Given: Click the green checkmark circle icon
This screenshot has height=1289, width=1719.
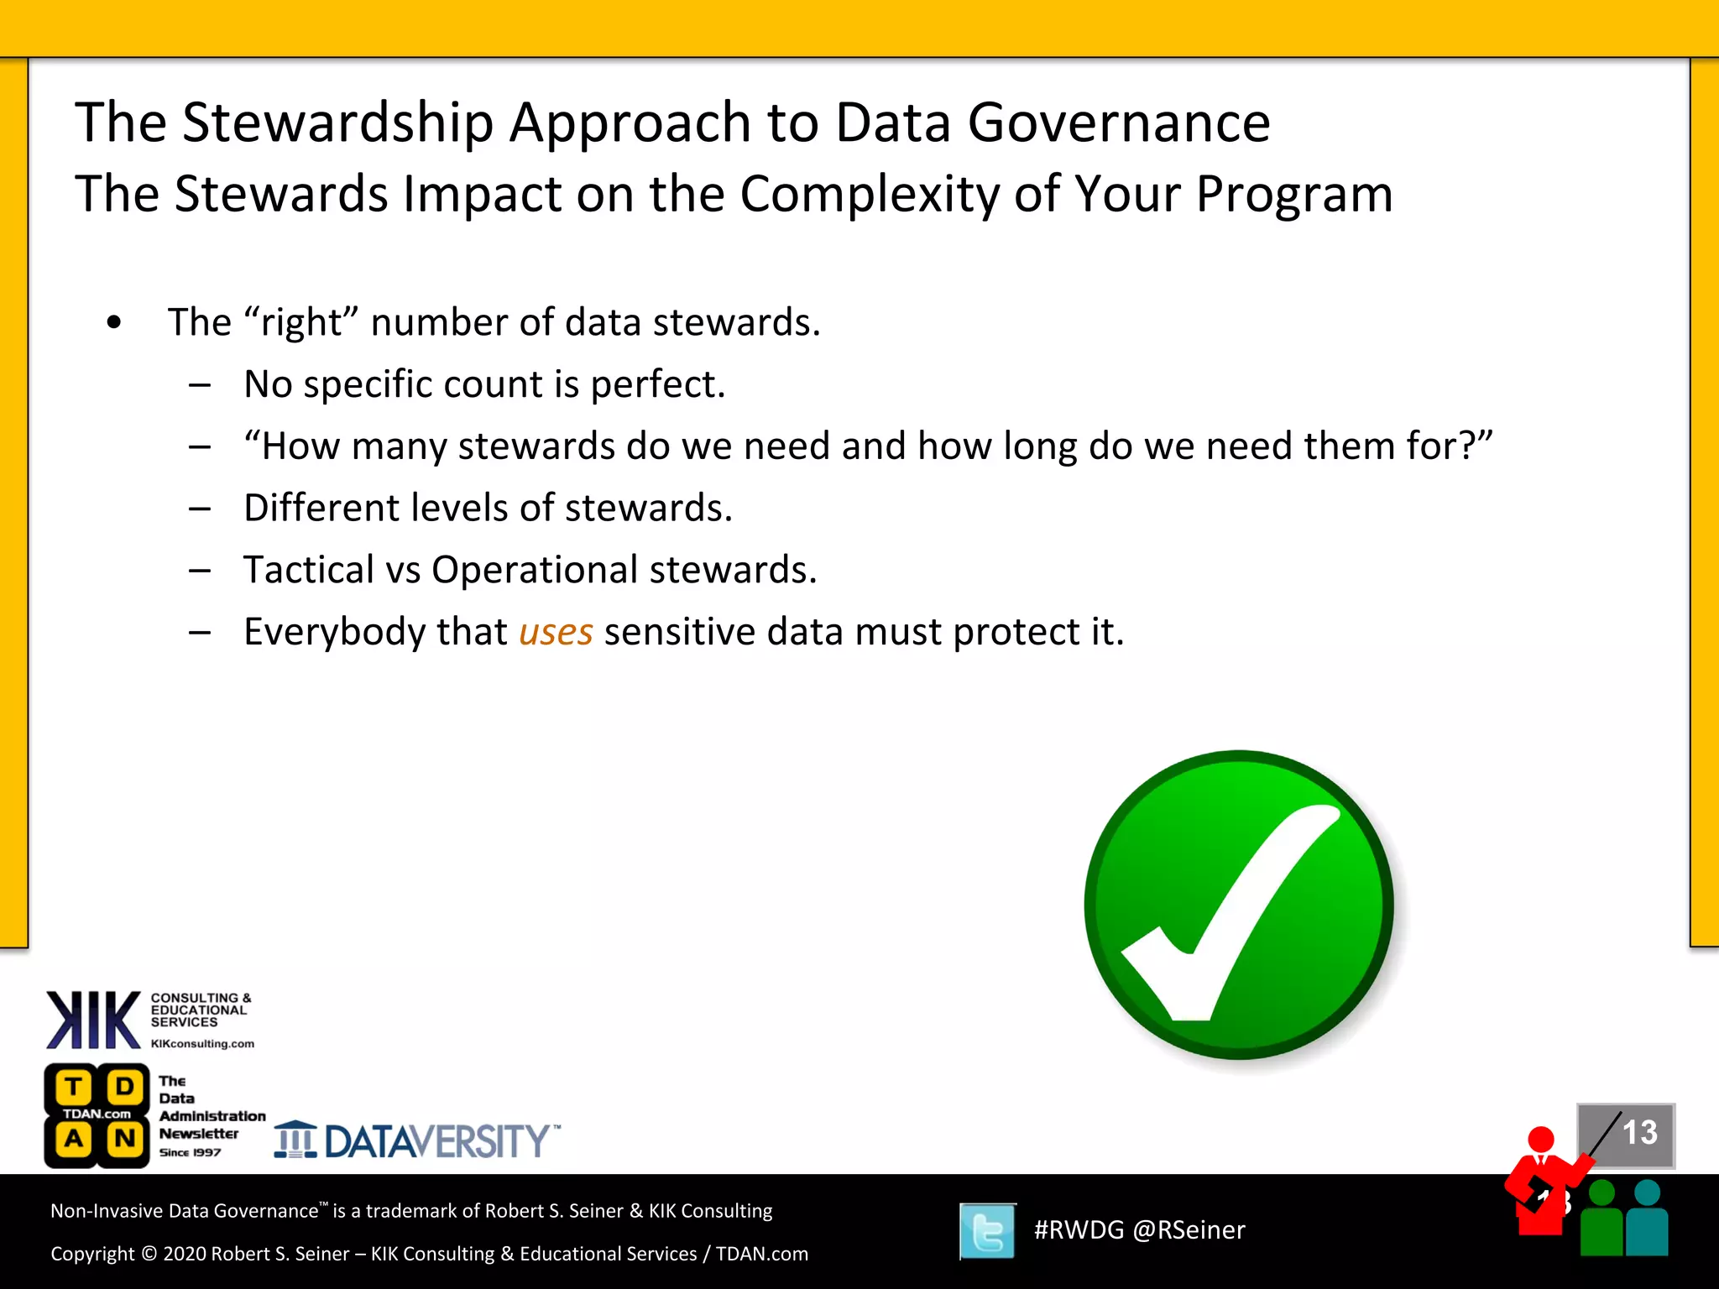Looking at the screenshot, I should pos(1239,905).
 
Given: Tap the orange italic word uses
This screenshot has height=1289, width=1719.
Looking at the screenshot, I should pos(556,632).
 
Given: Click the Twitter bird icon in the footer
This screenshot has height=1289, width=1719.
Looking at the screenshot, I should pos(988,1231).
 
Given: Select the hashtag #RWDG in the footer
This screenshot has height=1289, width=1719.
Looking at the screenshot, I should pos(1079,1230).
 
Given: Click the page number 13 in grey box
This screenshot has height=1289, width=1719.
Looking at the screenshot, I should pos(1638,1133).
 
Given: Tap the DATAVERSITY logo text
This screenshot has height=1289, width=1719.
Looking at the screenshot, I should pos(436,1141).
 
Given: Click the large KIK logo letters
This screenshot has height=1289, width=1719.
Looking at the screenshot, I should pos(92,1020).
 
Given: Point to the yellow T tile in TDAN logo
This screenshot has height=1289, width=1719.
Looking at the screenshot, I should pos(74,1087).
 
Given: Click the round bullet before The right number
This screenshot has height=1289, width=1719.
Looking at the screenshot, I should pos(114,322).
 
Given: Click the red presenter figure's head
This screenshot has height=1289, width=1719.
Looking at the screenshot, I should pos(1541,1139).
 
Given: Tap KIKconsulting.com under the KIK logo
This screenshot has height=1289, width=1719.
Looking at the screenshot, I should pos(202,1044).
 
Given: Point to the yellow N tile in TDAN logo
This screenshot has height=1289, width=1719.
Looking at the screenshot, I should pos(125,1139).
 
